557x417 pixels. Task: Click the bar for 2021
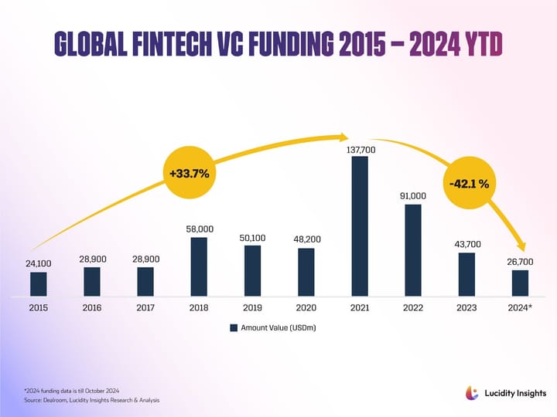pyautogui.click(x=360, y=226)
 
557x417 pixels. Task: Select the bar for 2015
pyautogui.click(x=39, y=283)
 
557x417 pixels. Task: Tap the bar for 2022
pyautogui.click(x=413, y=249)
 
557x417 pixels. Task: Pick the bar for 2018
pyautogui.click(x=199, y=266)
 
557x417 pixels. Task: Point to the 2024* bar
pyautogui.click(x=520, y=283)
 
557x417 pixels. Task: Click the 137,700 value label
pyautogui.click(x=360, y=149)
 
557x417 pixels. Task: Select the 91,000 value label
pyautogui.click(x=413, y=196)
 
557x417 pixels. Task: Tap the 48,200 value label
pyautogui.click(x=306, y=239)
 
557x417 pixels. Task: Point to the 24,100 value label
pyautogui.click(x=39, y=263)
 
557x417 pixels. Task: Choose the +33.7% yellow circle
pyautogui.click(x=190, y=173)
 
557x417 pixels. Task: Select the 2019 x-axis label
pyautogui.click(x=252, y=308)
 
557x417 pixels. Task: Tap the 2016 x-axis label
pyautogui.click(x=92, y=308)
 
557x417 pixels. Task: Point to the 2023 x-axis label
pyautogui.click(x=466, y=308)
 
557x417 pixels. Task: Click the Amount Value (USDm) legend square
pyautogui.click(x=233, y=328)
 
